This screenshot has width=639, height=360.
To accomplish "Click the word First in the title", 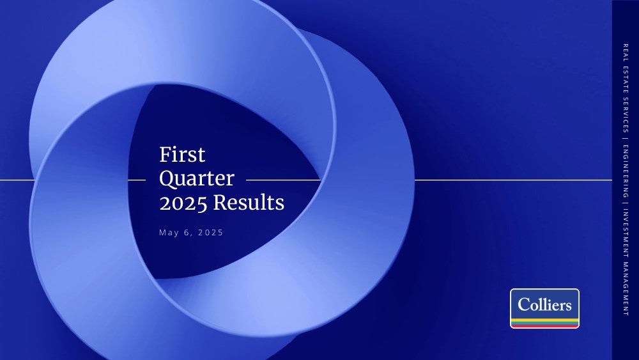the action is tap(182, 155).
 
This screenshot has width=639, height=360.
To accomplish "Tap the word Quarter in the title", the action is tap(197, 179).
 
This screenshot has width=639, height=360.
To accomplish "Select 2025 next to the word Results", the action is tap(183, 203).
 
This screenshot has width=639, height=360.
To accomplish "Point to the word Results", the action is tap(249, 202).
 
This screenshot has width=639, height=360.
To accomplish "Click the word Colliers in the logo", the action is tap(544, 304).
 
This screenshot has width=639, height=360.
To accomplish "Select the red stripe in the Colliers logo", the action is tap(544, 325).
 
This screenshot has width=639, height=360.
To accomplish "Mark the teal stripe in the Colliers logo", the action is tap(544, 323).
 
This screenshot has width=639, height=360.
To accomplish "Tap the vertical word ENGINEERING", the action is tap(626, 171).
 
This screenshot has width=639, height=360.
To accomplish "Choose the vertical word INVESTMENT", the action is tap(626, 232).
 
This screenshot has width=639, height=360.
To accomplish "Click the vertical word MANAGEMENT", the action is tap(626, 288).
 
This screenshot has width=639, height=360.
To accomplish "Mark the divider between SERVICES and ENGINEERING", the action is tap(626, 139).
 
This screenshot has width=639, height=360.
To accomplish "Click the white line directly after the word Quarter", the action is tap(283, 180).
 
